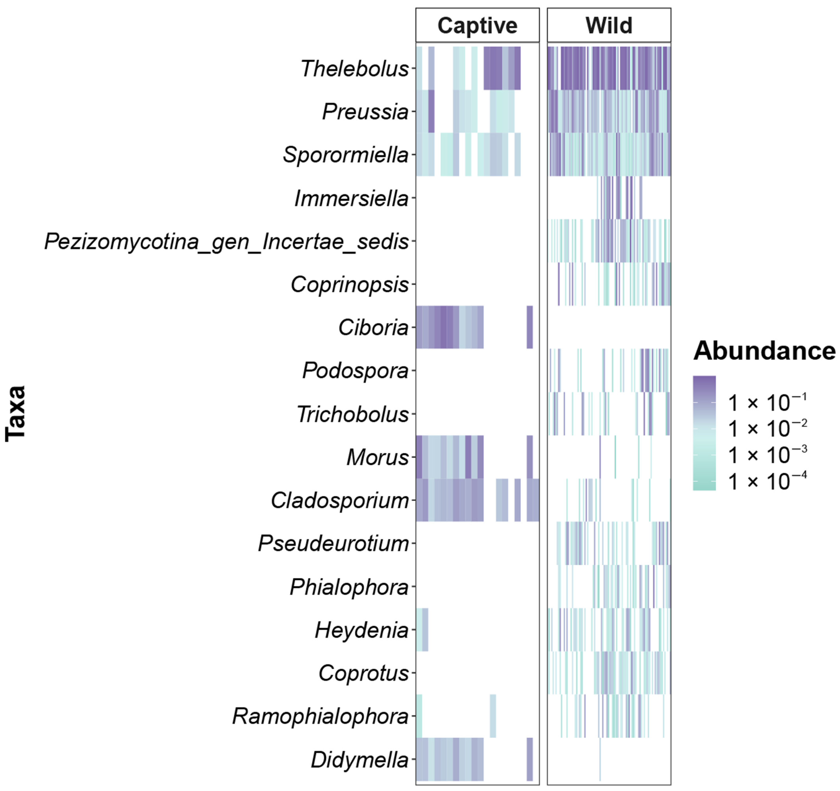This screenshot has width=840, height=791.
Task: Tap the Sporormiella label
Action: click(x=346, y=155)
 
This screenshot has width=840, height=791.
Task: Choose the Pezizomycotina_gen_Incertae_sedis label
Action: click(x=227, y=242)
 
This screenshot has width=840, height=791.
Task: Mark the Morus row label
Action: click(x=377, y=457)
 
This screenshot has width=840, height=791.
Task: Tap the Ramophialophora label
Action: click(x=320, y=717)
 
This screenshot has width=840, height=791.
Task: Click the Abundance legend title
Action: click(x=764, y=351)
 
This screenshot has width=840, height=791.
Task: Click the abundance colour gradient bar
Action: click(x=704, y=433)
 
